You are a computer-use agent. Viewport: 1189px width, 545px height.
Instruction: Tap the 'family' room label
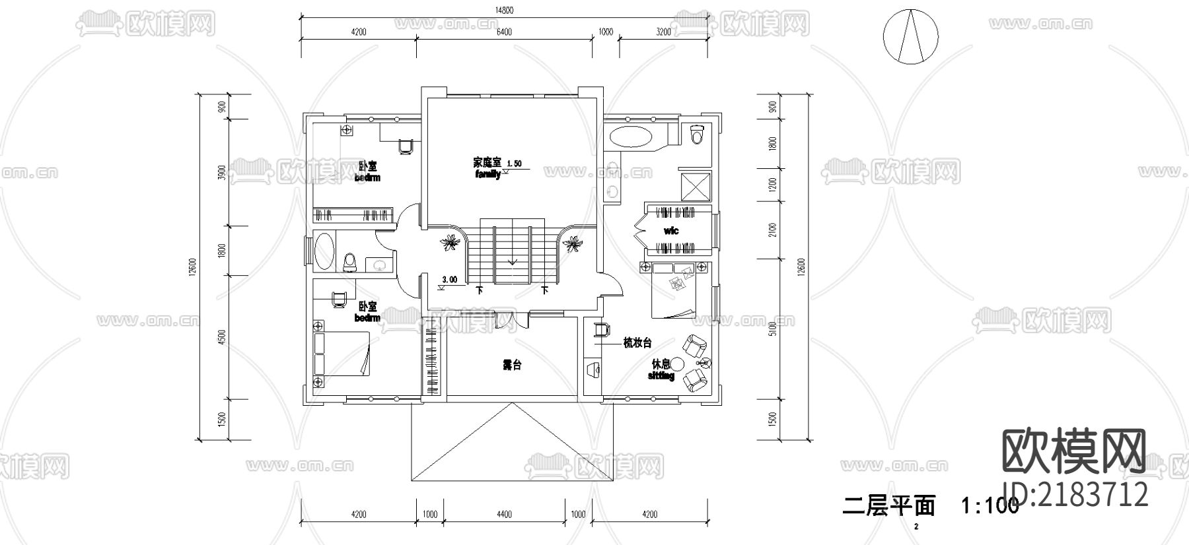coord(487,174)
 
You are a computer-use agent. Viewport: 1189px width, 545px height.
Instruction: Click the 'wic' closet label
coord(671,231)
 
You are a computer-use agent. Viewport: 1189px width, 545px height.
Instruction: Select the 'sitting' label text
coord(661,375)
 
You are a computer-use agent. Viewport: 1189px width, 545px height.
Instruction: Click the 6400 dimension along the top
coord(503,32)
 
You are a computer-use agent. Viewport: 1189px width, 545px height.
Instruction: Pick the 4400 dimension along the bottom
coord(503,515)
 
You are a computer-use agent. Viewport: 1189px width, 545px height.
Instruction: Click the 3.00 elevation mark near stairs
coord(449,280)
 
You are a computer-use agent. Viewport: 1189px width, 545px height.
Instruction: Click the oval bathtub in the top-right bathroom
coord(630,138)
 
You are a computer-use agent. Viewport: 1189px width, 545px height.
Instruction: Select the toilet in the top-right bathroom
coord(696,135)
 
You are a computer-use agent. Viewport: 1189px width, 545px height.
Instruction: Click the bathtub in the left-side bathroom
coord(324,251)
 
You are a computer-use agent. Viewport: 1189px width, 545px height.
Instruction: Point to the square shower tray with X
coord(696,185)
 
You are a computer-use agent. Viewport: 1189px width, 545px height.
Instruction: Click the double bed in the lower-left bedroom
coord(342,354)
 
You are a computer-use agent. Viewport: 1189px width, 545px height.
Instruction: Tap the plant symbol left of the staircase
coord(450,244)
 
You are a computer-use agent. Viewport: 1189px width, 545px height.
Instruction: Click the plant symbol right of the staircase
coord(571,245)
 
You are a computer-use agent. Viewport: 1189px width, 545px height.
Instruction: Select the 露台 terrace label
coord(512,365)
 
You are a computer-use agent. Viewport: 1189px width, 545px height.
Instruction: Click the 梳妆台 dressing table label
coord(637,343)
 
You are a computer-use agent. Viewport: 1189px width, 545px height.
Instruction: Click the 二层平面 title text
coord(889,506)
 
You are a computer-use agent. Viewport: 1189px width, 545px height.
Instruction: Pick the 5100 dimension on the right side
coord(773,329)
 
